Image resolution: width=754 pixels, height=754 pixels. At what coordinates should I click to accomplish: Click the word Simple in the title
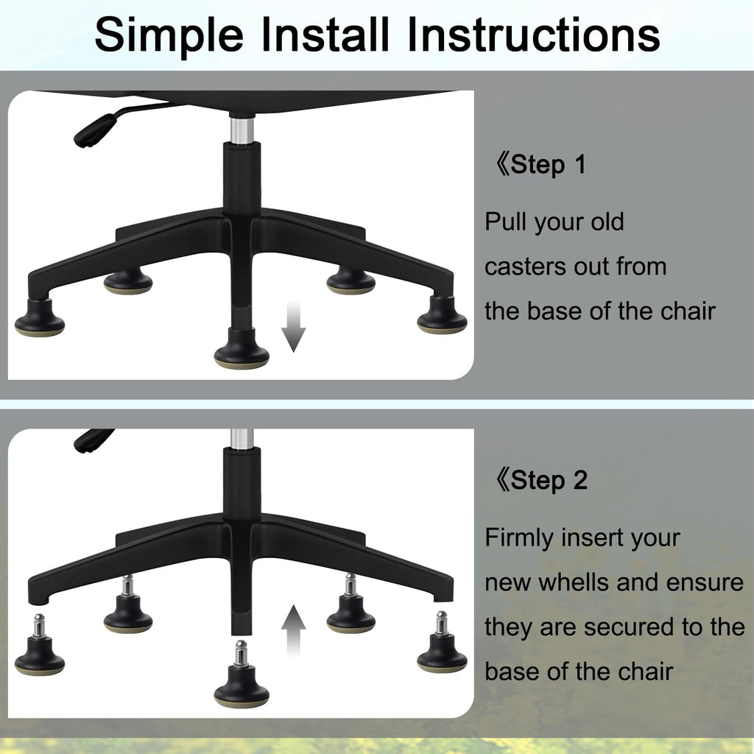[x=169, y=35]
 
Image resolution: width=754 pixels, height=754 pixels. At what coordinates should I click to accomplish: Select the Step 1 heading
[x=540, y=164]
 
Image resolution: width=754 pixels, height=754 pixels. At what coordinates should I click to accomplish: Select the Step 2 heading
[x=541, y=480]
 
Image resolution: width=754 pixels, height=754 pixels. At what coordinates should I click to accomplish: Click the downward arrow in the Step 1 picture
[x=293, y=326]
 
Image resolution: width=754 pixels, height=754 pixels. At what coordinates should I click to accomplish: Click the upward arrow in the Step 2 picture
[x=293, y=630]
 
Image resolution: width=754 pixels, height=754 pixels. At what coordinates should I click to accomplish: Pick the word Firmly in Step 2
[x=519, y=538]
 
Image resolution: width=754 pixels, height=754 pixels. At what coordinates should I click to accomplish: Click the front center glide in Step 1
[x=242, y=349]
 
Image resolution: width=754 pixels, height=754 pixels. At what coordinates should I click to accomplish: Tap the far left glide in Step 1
[x=40, y=318]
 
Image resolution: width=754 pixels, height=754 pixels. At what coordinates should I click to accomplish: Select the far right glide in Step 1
[x=442, y=315]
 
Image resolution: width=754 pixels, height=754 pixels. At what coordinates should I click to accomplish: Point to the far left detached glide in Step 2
[x=40, y=645]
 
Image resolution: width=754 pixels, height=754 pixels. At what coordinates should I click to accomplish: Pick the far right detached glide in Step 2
[x=442, y=642]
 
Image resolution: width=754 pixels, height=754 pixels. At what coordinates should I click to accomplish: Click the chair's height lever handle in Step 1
[x=95, y=130]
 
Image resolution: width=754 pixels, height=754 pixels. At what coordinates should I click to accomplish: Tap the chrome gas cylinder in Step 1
[x=242, y=128]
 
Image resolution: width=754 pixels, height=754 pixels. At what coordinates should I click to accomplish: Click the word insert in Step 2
[x=593, y=538]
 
